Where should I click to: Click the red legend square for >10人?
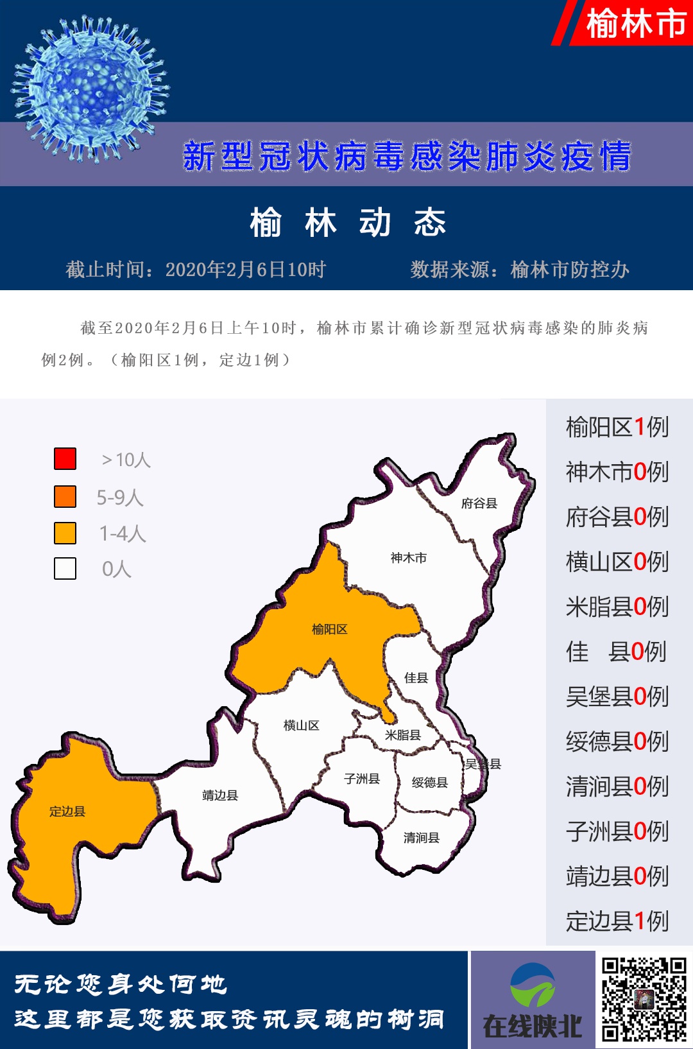coord(65,458)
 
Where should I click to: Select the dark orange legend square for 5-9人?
coord(65,496)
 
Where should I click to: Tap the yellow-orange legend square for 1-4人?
coord(65,533)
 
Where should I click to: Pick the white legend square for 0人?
coord(65,568)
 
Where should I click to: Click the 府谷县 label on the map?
coord(479,503)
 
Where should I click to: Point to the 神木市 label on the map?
coord(409,558)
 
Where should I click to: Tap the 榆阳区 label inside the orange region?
coord(330,629)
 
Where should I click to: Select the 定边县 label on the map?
coord(67,811)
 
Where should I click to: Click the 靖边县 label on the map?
coord(220,795)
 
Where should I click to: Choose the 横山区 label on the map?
coord(302,725)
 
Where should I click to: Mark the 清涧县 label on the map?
coord(422,838)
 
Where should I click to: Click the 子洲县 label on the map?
coord(362,779)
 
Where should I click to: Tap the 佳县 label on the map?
coord(416,677)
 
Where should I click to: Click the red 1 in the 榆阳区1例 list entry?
coord(640,427)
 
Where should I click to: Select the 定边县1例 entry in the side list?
coord(617,921)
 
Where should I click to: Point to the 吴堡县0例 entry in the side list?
coord(617,697)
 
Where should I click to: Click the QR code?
coord(644,999)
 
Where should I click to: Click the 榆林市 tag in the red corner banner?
coord(635,24)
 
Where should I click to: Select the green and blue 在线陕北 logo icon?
coord(533,985)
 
